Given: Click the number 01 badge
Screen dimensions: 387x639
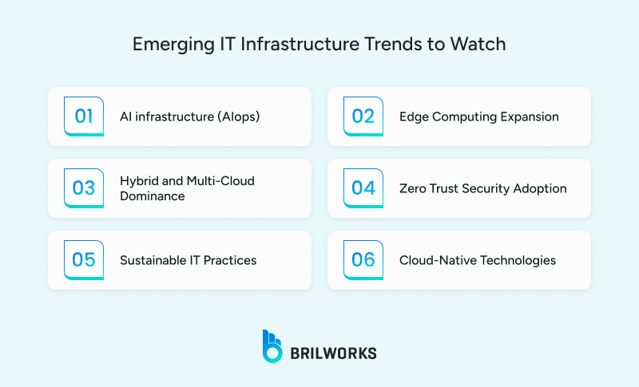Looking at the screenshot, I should pos(84,116).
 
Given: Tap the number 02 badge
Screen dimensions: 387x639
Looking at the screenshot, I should pos(363,116).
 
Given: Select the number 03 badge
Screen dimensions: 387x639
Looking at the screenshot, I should pos(84,188).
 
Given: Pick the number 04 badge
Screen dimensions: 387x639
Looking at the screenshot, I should pos(363,188).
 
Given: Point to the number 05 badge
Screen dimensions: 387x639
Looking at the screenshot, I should pos(84,260).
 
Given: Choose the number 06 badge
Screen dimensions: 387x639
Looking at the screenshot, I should pos(363,260).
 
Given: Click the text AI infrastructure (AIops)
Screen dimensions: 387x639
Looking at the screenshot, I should pos(189,116).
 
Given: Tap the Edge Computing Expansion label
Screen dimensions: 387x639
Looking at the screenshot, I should pos(478,116).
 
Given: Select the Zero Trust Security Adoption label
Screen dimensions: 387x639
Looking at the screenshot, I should pos(482,188).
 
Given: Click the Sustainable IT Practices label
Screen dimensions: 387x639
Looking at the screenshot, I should pos(188,260).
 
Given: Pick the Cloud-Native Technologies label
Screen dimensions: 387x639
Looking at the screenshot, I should pos(478,260).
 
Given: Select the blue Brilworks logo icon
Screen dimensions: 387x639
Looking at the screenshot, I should pos(272,346).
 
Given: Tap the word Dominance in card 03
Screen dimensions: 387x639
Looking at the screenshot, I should pos(152,195).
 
